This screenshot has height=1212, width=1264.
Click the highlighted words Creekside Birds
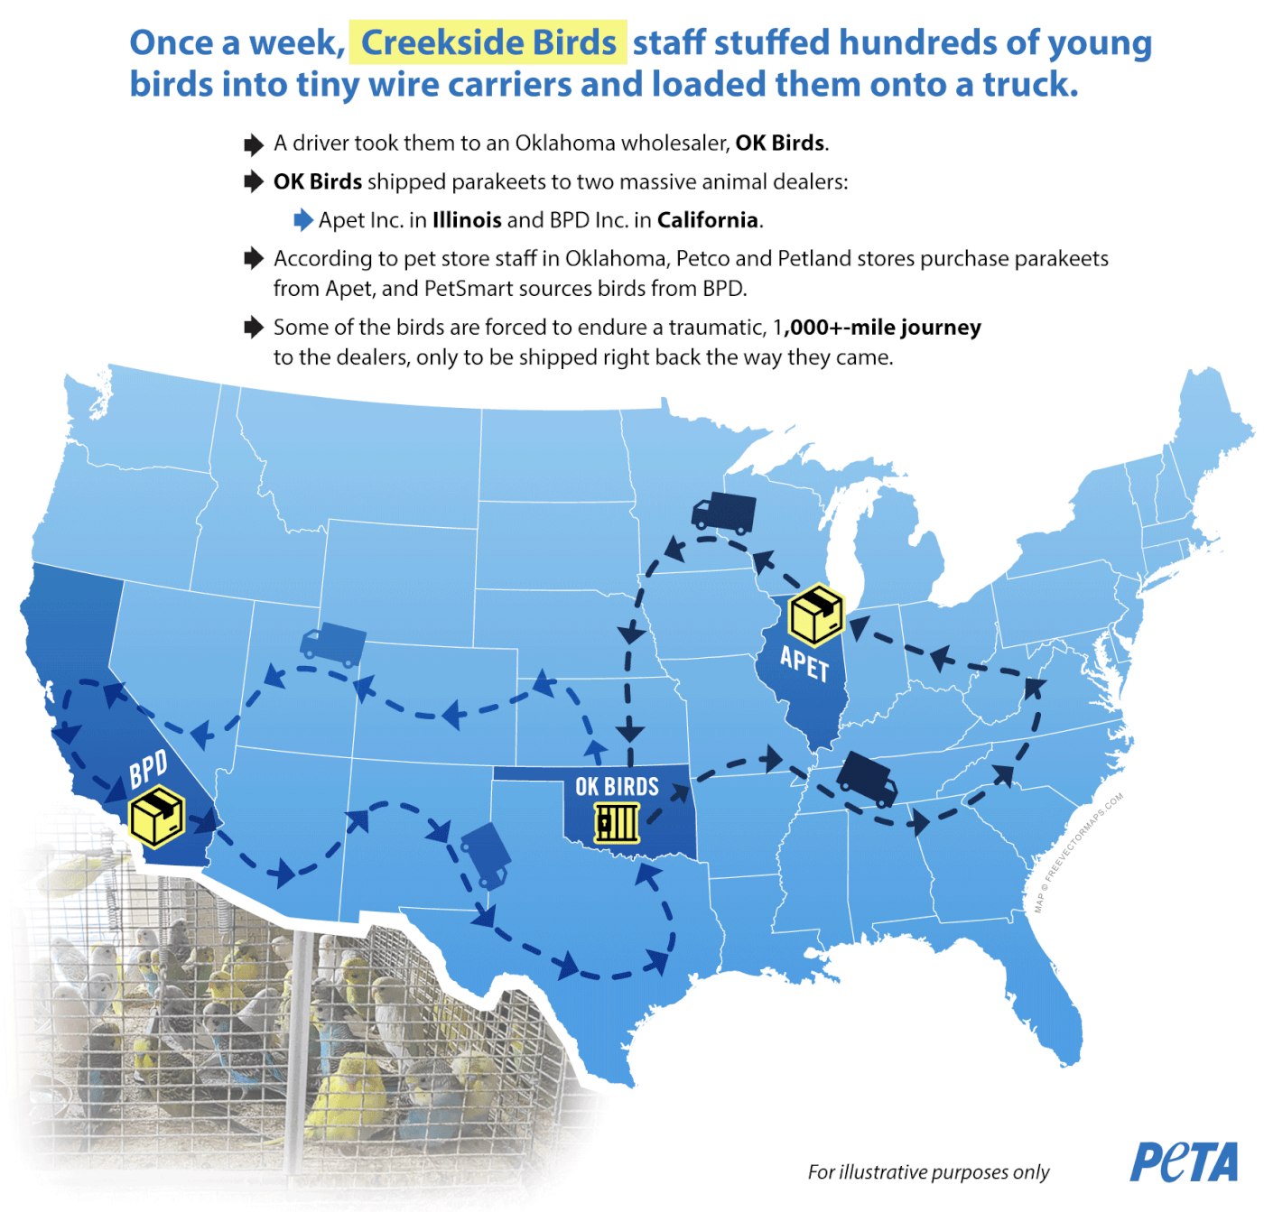click(488, 42)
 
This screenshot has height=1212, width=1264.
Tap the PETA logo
click(1184, 1162)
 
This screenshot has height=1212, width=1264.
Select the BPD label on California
click(148, 769)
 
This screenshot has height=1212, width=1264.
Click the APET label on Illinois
click(804, 664)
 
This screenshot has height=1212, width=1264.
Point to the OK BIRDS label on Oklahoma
click(617, 786)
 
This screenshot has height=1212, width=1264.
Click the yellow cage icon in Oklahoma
click(617, 822)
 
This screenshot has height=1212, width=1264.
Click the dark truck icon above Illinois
click(723, 513)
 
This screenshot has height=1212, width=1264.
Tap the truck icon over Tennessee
click(867, 780)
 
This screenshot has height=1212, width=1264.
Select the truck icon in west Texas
click(487, 855)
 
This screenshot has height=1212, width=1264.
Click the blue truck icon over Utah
click(332, 644)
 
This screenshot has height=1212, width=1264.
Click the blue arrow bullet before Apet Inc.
click(303, 220)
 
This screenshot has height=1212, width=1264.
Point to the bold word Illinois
click(467, 221)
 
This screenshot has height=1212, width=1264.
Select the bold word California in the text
click(707, 221)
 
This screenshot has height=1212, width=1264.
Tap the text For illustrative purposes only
click(928, 1171)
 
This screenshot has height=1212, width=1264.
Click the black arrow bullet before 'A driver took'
click(254, 144)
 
